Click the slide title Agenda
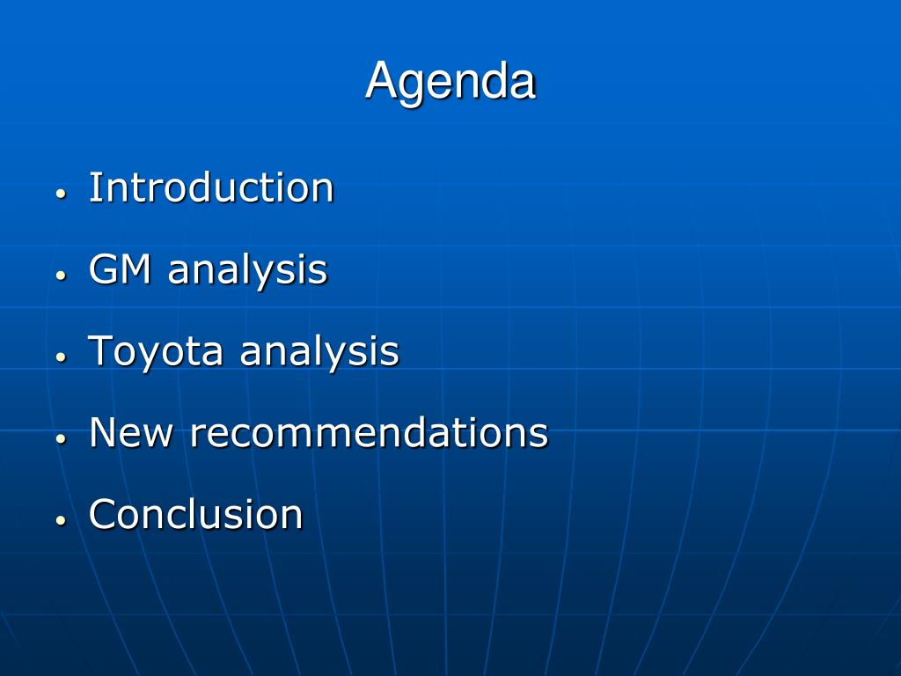[x=450, y=82]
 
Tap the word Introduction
[x=211, y=187]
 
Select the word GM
[x=120, y=269]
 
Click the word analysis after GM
[x=247, y=271]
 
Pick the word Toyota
[x=155, y=352]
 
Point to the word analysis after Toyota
[x=319, y=352]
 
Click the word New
[x=131, y=432]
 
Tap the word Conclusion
[x=196, y=514]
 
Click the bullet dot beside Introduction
[x=62, y=194]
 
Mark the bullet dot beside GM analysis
[x=62, y=276]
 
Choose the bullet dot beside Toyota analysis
[x=62, y=357]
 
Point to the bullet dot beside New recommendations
[x=62, y=438]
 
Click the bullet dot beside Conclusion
[x=62, y=520]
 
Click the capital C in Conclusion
[x=103, y=514]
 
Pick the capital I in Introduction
[x=94, y=187]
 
